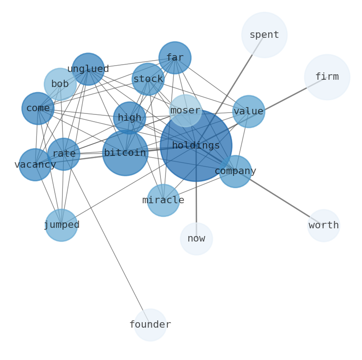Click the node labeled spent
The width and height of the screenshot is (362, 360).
[x=264, y=35]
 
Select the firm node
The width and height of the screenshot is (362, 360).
[x=327, y=77]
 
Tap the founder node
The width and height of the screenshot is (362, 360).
[x=150, y=324]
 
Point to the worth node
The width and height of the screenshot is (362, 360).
[x=323, y=226]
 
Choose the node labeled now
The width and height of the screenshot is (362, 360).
[x=196, y=239]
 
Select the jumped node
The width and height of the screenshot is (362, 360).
[x=61, y=225]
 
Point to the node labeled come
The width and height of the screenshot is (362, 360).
[x=38, y=108]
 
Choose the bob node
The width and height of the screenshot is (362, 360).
[x=60, y=84]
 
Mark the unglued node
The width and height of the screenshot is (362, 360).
[x=88, y=69]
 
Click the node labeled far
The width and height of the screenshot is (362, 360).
[x=175, y=58]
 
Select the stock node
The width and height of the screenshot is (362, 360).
[x=148, y=79]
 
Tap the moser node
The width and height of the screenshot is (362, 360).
[x=185, y=111]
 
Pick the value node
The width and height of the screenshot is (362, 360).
[x=248, y=112]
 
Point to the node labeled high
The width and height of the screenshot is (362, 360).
[x=129, y=118]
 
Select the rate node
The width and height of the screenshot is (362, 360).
[x=64, y=154]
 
